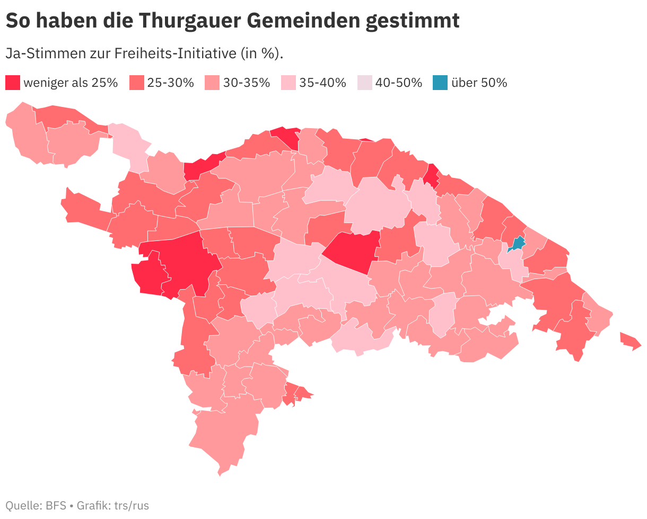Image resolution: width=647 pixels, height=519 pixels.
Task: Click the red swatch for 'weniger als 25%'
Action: point(13,83)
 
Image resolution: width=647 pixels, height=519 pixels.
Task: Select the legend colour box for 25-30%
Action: point(137,83)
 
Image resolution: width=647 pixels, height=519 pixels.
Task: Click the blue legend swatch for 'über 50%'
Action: point(439,83)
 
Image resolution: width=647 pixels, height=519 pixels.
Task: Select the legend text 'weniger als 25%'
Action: point(71,83)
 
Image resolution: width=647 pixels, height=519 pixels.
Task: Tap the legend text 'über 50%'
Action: point(479,83)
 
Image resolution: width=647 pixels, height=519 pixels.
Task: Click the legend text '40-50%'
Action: point(399,83)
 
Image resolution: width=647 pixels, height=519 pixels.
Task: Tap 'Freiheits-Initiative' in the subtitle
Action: point(180,53)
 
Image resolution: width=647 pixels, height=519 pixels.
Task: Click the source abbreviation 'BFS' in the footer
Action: point(56,505)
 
